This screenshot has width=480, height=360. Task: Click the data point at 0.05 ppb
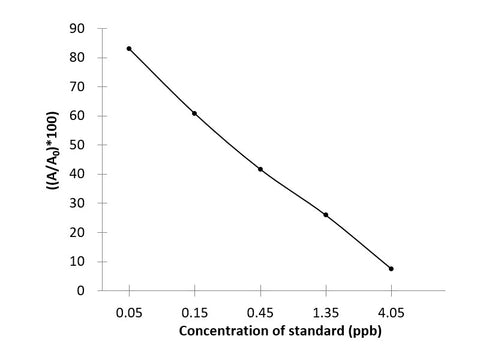[129, 48]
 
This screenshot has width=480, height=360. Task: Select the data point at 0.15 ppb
[194, 113]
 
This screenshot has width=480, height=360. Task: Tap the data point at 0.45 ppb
[260, 169]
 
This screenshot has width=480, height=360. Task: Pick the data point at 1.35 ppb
[326, 214]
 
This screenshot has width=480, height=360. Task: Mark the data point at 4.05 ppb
[391, 268]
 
